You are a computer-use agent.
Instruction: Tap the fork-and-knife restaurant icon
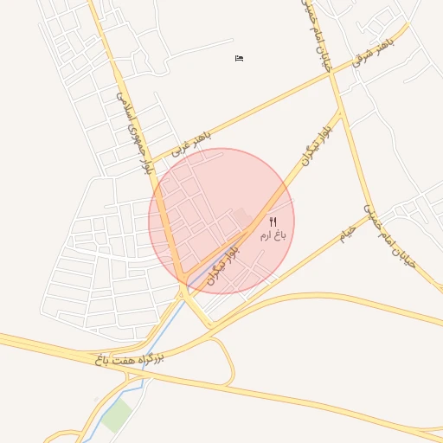click(273, 222)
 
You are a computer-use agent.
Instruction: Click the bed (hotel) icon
click(240, 58)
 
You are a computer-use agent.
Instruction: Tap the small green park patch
click(115, 416)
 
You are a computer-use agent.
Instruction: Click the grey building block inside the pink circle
click(241, 215)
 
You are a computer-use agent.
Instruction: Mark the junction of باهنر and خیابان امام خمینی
click(331, 74)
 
